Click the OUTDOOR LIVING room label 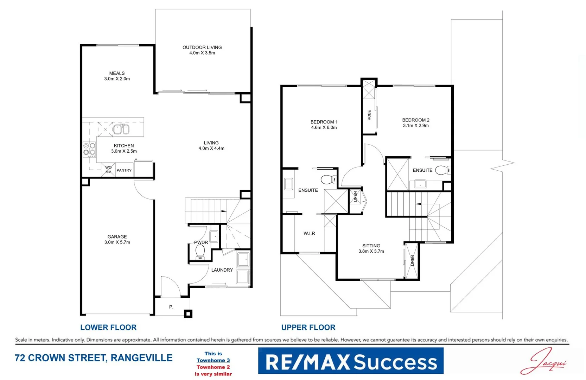pyautogui.click(x=202, y=47)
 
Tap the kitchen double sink pyautogui.click(x=121, y=129)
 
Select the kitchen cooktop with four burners pyautogui.click(x=89, y=149)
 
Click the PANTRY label pyautogui.click(x=124, y=170)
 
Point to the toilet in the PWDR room pyautogui.click(x=200, y=252)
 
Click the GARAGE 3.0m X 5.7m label pyautogui.click(x=117, y=240)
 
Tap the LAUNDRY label pyautogui.click(x=222, y=270)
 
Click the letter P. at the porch pyautogui.click(x=171, y=307)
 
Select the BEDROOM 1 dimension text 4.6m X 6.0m pyautogui.click(x=324, y=128)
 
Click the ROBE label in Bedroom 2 pyautogui.click(x=369, y=115)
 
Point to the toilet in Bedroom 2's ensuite pyautogui.click(x=442, y=170)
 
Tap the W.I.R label pyautogui.click(x=309, y=233)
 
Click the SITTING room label pyautogui.click(x=371, y=246)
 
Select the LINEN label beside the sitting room pyautogui.click(x=412, y=261)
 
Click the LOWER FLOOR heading pyautogui.click(x=108, y=327)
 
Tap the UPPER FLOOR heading pyautogui.click(x=308, y=327)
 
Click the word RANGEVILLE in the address pyautogui.click(x=141, y=358)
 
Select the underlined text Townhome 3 pyautogui.click(x=213, y=360)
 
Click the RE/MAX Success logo pyautogui.click(x=351, y=361)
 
